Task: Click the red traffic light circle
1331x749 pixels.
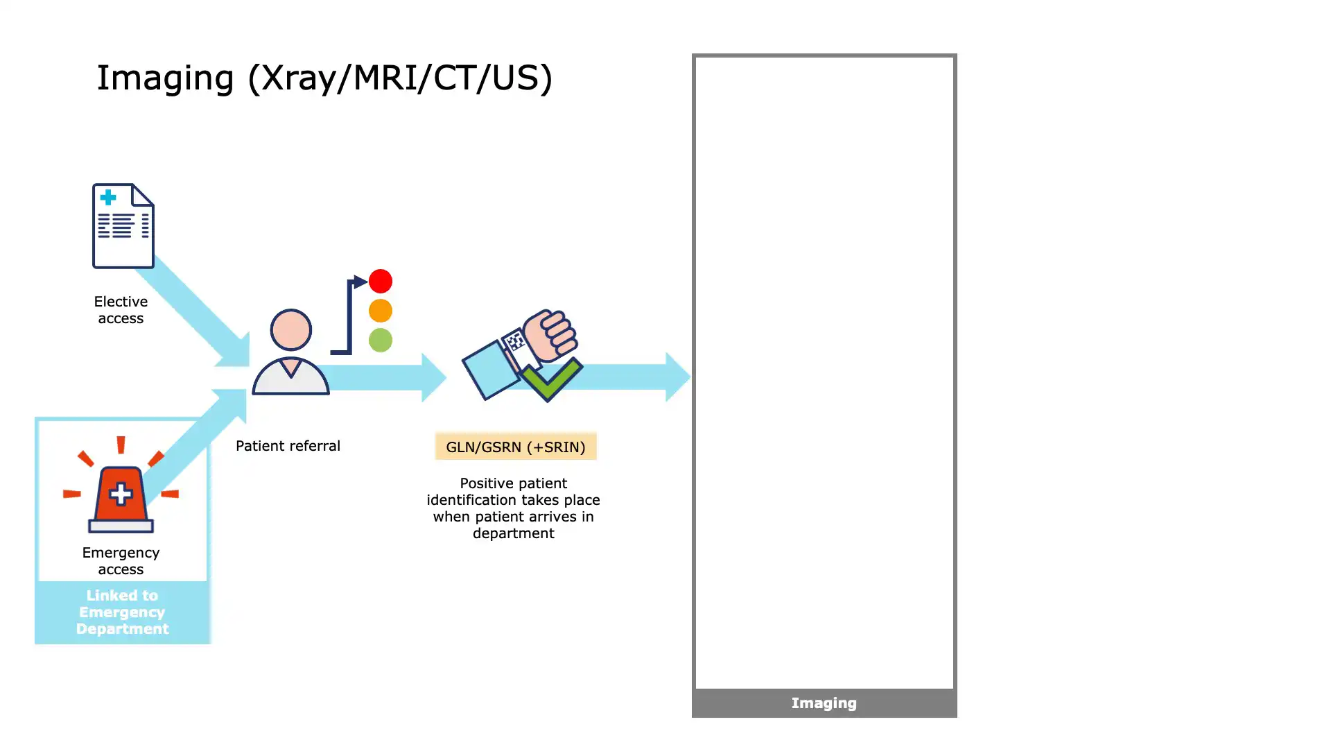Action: (x=381, y=281)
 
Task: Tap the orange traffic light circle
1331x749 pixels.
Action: (x=381, y=311)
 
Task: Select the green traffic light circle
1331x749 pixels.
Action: (x=381, y=340)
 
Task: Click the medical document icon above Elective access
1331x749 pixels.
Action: (x=123, y=226)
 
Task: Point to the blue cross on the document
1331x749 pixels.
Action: (x=108, y=198)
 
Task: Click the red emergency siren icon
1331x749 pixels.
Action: (x=121, y=494)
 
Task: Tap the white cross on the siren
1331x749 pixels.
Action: (x=121, y=494)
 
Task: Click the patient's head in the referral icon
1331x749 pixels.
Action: (x=290, y=329)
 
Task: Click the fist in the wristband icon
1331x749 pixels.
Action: (x=551, y=334)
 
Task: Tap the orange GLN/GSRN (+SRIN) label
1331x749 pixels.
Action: (x=516, y=447)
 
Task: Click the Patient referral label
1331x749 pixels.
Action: (x=288, y=446)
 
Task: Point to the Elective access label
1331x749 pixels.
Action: (x=121, y=310)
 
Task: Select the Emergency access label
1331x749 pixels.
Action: (x=121, y=561)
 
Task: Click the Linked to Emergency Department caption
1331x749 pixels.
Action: (x=122, y=612)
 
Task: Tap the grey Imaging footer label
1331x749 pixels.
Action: (x=824, y=703)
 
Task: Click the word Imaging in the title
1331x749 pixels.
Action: (x=165, y=78)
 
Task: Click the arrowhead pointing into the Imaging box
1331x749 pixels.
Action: (x=677, y=377)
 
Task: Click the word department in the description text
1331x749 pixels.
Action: (x=514, y=533)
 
